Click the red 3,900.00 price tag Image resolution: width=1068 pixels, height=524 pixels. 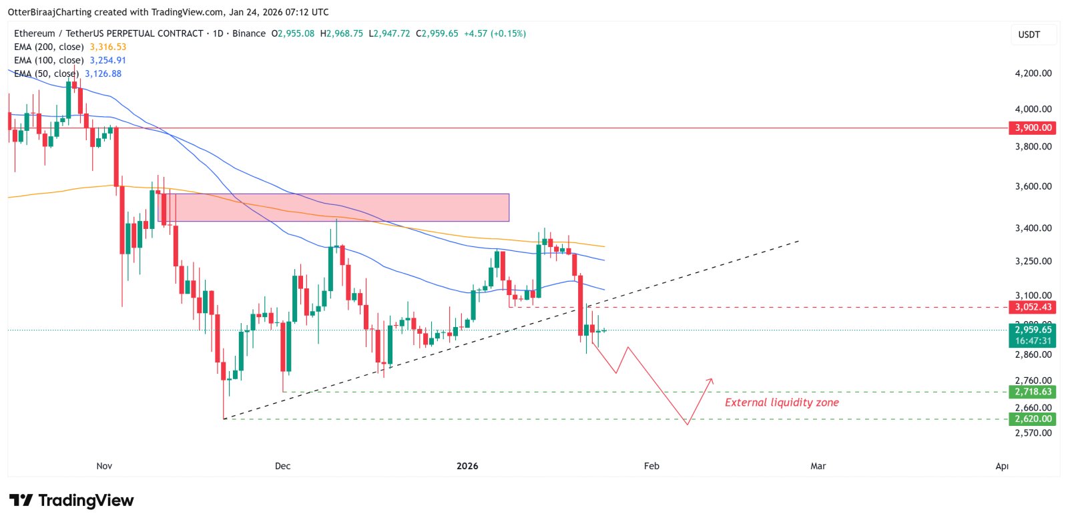click(1033, 127)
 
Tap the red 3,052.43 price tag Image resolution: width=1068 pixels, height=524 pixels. click(1033, 307)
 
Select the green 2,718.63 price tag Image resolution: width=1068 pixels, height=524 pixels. click(1033, 392)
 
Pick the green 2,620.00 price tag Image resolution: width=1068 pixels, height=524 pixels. click(1033, 419)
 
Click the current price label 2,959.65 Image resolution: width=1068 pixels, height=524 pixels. click(1033, 330)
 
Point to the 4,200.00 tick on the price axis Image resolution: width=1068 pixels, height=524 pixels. click(1033, 73)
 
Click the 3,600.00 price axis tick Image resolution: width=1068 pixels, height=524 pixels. click(1033, 186)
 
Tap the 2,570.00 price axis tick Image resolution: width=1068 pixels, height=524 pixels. click(1033, 433)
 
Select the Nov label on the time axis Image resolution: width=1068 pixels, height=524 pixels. click(104, 466)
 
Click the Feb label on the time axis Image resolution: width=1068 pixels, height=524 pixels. click(651, 466)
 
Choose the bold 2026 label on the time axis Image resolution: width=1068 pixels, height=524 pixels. click(467, 466)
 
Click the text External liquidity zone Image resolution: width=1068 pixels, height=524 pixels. click(782, 403)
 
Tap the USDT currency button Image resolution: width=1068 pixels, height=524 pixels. click(1029, 35)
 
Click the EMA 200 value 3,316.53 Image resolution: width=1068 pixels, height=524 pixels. click(108, 47)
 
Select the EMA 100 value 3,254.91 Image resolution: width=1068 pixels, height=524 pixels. click(108, 60)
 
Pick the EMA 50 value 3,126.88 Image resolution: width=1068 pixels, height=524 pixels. click(103, 73)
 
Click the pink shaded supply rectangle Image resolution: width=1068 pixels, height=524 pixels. click(340, 208)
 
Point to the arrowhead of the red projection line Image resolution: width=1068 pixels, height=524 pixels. click(712, 380)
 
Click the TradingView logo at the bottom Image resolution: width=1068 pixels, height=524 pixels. click(71, 501)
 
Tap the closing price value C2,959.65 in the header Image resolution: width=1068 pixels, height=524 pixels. click(437, 33)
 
